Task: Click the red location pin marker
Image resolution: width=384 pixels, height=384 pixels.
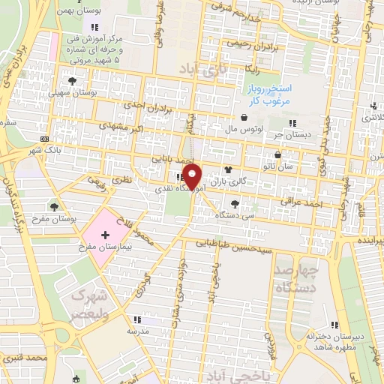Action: coord(193,176)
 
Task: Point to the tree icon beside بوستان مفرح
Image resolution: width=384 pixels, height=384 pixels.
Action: coord(54,205)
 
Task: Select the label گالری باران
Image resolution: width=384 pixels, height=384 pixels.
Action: coord(227,181)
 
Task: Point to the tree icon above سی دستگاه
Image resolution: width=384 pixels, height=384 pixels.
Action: coord(235,203)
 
